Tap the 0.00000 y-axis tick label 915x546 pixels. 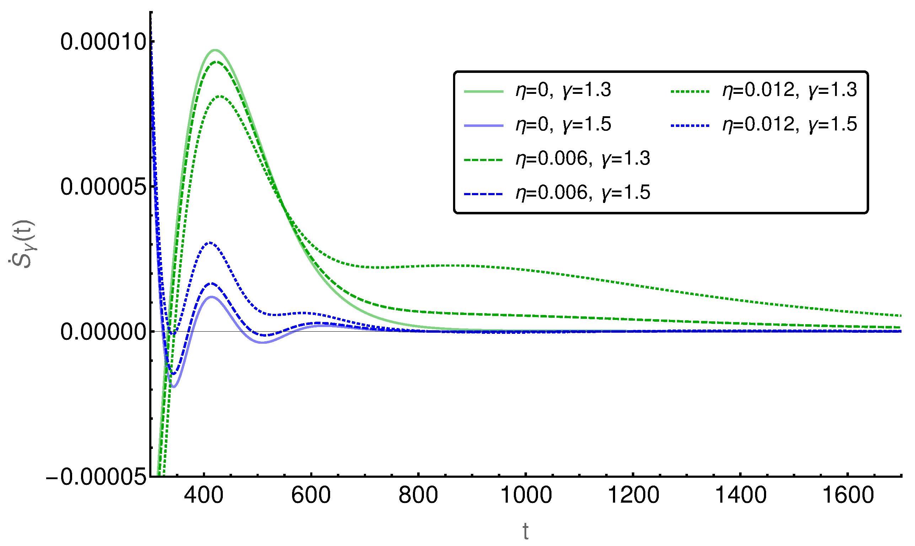[103, 332]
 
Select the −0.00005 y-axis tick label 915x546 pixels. [96, 477]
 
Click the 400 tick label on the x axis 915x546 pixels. [204, 495]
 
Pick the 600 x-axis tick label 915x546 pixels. [311, 495]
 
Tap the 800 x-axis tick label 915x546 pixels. [418, 495]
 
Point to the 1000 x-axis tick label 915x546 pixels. [526, 495]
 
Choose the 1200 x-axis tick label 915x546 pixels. [633, 495]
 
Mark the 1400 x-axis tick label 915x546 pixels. [741, 495]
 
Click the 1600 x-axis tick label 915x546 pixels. [848, 495]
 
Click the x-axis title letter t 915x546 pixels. [526, 531]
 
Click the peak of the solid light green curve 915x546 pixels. [215, 50]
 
